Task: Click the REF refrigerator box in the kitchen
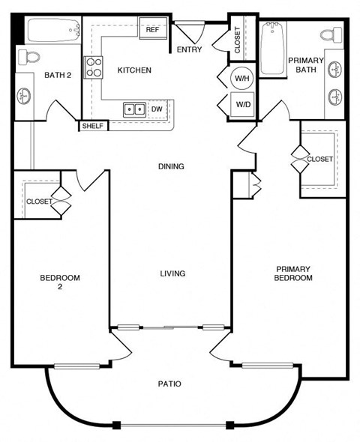[152, 30]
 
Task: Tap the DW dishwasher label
[157, 109]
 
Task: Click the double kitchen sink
[135, 109]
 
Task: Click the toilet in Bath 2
[26, 56]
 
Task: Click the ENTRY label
[190, 50]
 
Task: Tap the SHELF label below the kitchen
[92, 126]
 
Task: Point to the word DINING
[171, 166]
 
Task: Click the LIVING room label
[172, 273]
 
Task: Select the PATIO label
[169, 384]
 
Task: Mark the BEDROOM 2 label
[59, 282]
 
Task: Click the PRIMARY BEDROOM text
[293, 273]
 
